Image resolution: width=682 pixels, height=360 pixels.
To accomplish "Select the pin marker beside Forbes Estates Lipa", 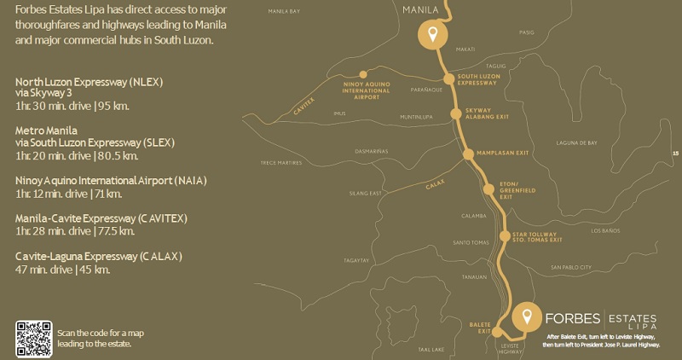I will [528, 316].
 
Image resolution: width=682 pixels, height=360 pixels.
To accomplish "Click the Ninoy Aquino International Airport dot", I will [363, 74].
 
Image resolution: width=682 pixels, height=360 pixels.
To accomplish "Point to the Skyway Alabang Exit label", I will [483, 115].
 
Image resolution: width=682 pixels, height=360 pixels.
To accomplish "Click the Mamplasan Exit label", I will [505, 153].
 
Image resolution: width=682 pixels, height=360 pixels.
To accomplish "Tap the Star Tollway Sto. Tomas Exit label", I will [536, 237].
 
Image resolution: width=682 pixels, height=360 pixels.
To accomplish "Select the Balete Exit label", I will [480, 327].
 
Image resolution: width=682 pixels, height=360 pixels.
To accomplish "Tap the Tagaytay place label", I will [355, 260].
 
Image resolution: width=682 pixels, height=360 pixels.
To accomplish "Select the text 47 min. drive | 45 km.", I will [63, 270].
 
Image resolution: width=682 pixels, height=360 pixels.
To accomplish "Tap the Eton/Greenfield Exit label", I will [517, 191].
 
